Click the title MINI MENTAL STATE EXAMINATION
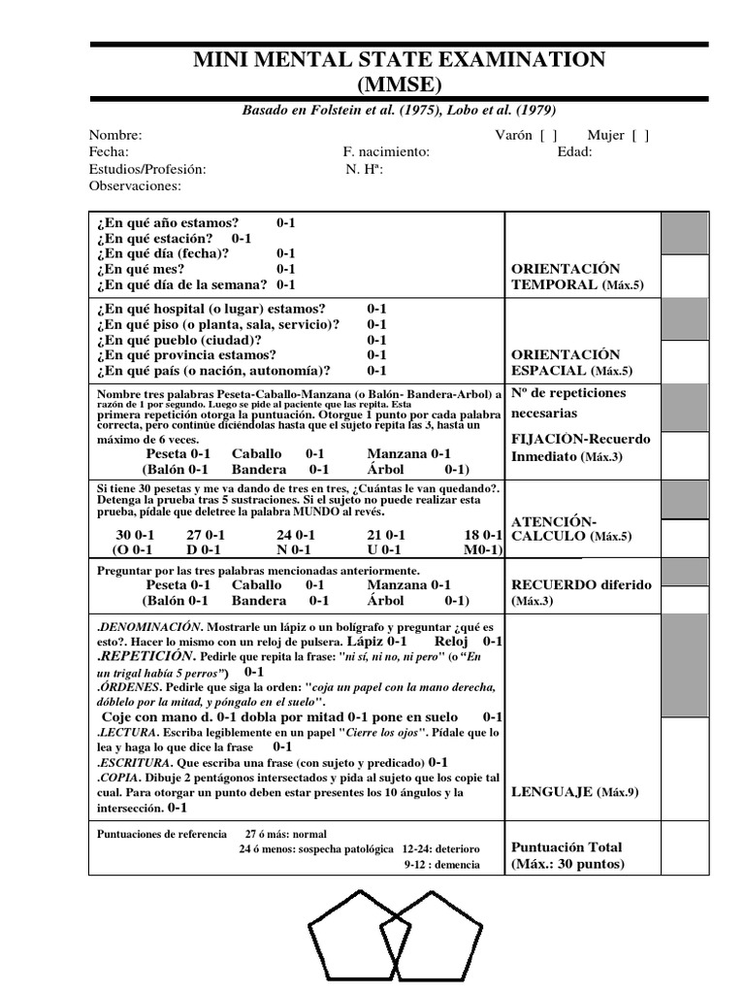pos(400,60)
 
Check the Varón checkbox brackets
pos(548,136)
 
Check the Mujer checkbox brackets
pos(640,136)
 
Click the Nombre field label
pos(115,136)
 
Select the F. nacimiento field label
pos(386,152)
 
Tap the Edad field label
pos(574,152)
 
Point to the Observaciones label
pos(135,185)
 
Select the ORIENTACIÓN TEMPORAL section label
pos(566,277)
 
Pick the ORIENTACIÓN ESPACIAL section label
pos(566,362)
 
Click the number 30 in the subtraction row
pos(123,535)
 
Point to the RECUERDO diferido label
pos(581,585)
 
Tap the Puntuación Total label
pos(567,847)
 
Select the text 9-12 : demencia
pos(441,864)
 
